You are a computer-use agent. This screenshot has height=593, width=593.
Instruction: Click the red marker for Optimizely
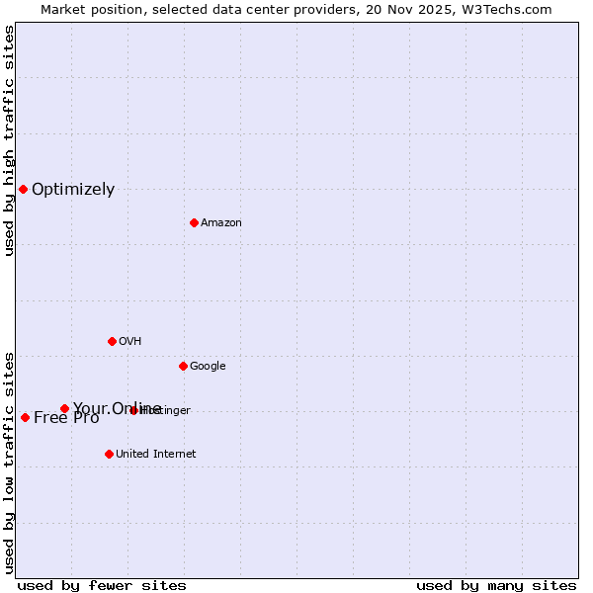pyautogui.click(x=23, y=189)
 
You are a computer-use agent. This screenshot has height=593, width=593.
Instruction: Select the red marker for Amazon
pyautogui.click(x=194, y=222)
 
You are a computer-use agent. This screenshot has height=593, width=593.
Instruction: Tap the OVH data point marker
pyautogui.click(x=112, y=341)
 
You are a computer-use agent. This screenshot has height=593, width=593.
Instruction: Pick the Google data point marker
pyautogui.click(x=183, y=366)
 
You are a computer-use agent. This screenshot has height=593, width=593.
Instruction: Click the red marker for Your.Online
pyautogui.click(x=64, y=408)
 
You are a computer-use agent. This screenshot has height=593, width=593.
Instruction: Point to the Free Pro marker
pyautogui.click(x=25, y=417)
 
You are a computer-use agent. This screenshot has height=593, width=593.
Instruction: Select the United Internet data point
pyautogui.click(x=109, y=454)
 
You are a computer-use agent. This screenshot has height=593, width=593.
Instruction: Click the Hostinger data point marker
pyautogui.click(x=133, y=410)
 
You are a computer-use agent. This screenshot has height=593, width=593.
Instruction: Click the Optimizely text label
pyautogui.click(x=73, y=190)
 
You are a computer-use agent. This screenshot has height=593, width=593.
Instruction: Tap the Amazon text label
pyautogui.click(x=221, y=223)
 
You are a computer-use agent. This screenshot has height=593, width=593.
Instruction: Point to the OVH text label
pyautogui.click(x=130, y=342)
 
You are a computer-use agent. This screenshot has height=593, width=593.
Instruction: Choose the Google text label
pyautogui.click(x=208, y=367)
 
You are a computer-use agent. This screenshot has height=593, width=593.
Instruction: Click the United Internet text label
pyautogui.click(x=156, y=455)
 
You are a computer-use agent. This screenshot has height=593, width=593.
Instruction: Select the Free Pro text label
pyautogui.click(x=66, y=418)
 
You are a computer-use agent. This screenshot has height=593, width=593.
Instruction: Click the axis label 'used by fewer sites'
pyautogui.click(x=102, y=585)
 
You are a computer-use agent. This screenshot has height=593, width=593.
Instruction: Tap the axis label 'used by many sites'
pyautogui.click(x=496, y=585)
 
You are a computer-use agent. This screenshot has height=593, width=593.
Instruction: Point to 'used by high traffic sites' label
pyautogui.click(x=10, y=140)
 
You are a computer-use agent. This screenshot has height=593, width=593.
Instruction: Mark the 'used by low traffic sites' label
pyautogui.click(x=10, y=463)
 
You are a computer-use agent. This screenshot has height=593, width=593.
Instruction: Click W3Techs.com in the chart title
pyautogui.click(x=509, y=9)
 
